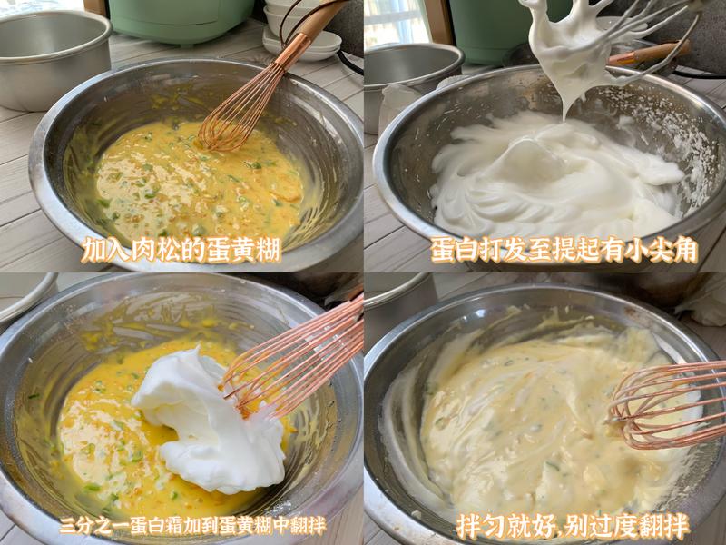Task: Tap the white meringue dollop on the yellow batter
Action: [x=213, y=418]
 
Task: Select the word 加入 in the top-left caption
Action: [x=102, y=250]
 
